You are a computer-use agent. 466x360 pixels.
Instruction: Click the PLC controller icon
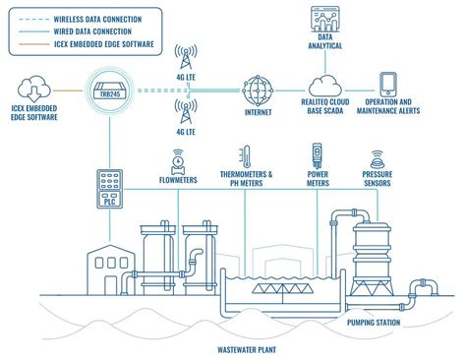(110, 189)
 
